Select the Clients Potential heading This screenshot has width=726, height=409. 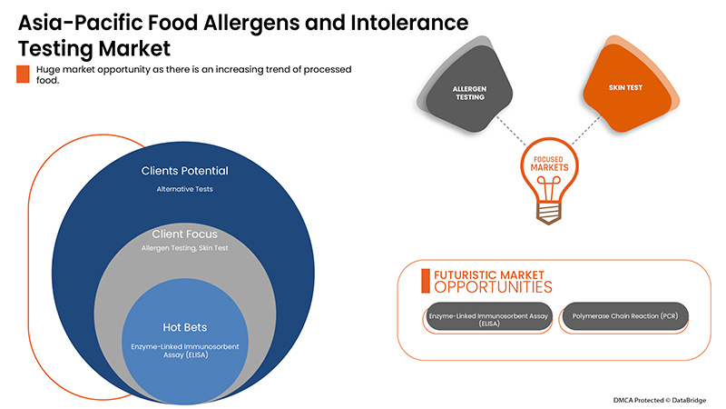pyautogui.click(x=184, y=171)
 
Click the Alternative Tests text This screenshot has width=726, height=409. pyautogui.click(x=184, y=189)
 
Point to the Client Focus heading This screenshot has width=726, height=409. pyautogui.click(x=184, y=234)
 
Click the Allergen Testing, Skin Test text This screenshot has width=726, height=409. pyautogui.click(x=184, y=248)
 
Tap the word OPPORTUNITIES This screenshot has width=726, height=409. pyautogui.click(x=491, y=287)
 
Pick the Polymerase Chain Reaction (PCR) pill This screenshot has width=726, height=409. pyautogui.click(x=624, y=316)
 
